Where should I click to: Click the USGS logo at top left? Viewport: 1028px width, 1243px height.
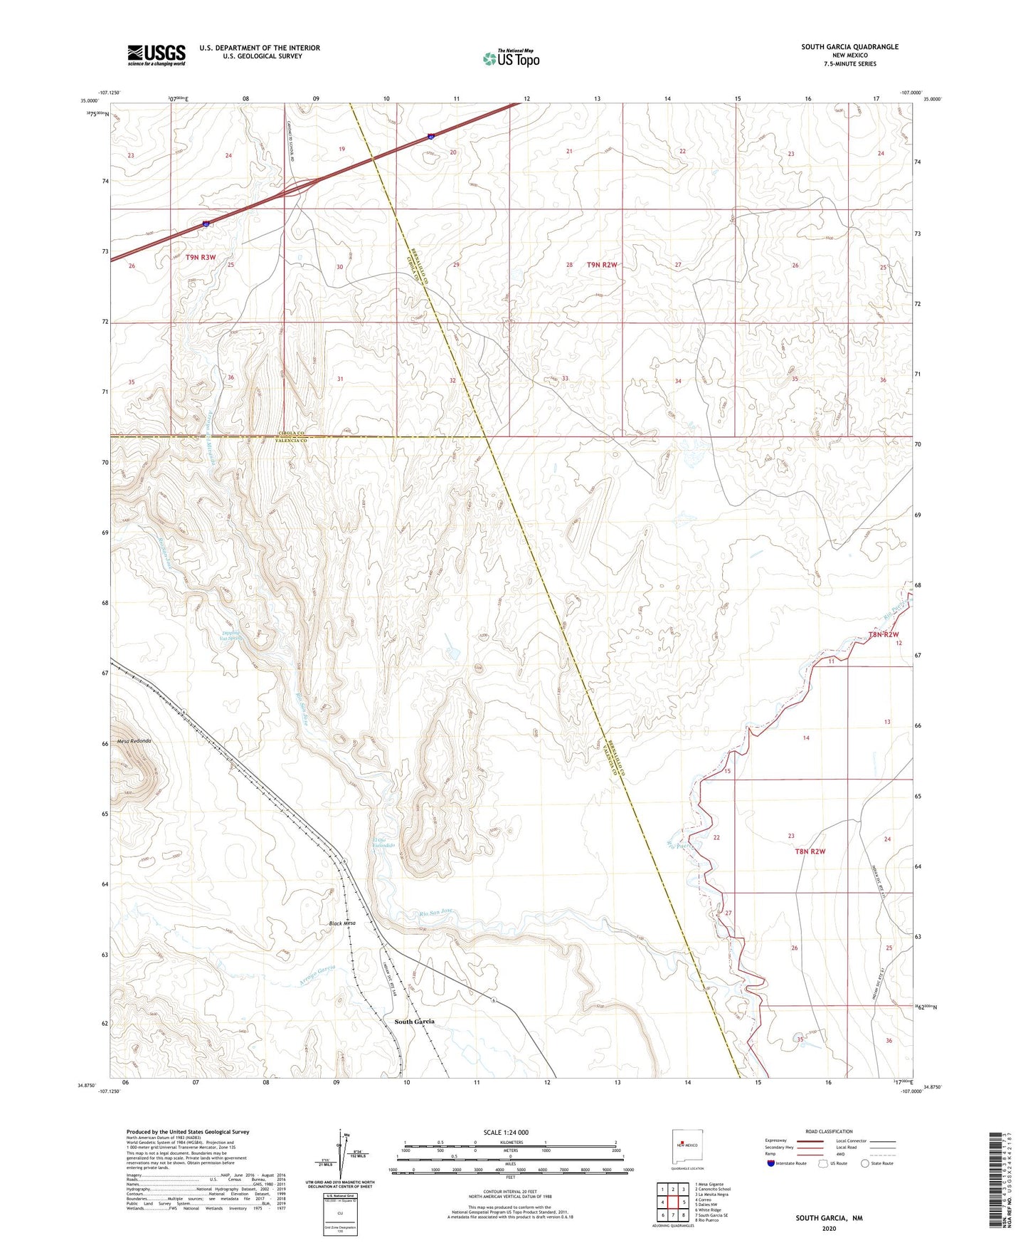[x=157, y=54]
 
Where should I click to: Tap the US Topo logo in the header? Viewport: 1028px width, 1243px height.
[x=511, y=58]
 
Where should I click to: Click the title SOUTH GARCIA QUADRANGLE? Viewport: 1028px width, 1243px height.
[x=849, y=47]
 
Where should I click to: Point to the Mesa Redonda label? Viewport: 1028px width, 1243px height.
[x=135, y=741]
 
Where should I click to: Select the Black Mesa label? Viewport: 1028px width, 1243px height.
[x=342, y=923]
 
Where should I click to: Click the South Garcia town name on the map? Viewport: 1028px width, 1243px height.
[x=414, y=1022]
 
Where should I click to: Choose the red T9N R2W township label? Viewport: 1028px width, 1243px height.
[x=602, y=265]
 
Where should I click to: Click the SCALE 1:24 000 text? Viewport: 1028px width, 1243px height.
[x=506, y=1132]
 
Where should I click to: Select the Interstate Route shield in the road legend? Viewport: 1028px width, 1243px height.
[x=771, y=1163]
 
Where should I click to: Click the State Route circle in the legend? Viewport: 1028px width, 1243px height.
[x=865, y=1163]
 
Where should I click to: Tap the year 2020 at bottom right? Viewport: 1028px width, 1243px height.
[x=829, y=1228]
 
